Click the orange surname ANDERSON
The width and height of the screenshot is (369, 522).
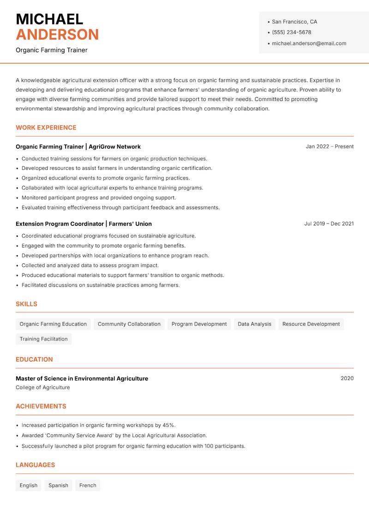click(x=57, y=35)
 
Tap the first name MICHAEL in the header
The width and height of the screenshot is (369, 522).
click(x=49, y=19)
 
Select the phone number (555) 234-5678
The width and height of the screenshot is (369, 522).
click(x=291, y=32)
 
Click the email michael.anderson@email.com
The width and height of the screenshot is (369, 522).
click(x=309, y=43)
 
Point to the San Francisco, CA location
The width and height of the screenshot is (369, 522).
click(x=294, y=22)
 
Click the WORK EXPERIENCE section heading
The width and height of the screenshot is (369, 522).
click(x=46, y=127)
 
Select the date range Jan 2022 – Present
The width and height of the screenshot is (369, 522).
click(x=329, y=146)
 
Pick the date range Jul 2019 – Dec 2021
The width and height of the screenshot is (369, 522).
click(x=329, y=224)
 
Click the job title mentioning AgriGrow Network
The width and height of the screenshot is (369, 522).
click(x=78, y=146)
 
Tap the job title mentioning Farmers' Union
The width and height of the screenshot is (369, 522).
click(x=83, y=224)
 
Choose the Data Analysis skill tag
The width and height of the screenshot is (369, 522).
click(x=254, y=324)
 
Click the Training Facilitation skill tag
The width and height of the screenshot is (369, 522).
click(x=43, y=339)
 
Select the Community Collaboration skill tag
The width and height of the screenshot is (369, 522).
click(x=129, y=324)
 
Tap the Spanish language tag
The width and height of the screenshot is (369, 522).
click(x=58, y=486)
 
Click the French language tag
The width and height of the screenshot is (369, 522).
click(x=88, y=486)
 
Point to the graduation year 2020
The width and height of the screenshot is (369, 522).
click(x=347, y=378)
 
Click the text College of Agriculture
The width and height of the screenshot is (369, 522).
click(x=43, y=388)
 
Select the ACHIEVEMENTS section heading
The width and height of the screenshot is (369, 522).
click(x=41, y=407)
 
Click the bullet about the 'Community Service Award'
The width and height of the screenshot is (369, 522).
click(x=114, y=436)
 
